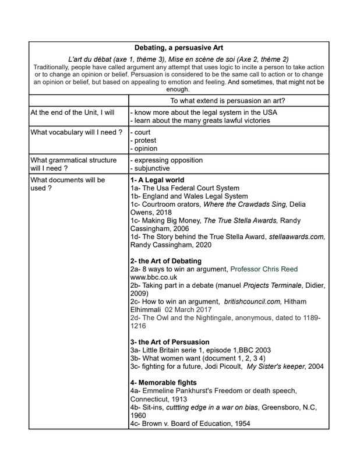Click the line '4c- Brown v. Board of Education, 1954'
(190, 423)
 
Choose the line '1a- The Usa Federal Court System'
(184, 189)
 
